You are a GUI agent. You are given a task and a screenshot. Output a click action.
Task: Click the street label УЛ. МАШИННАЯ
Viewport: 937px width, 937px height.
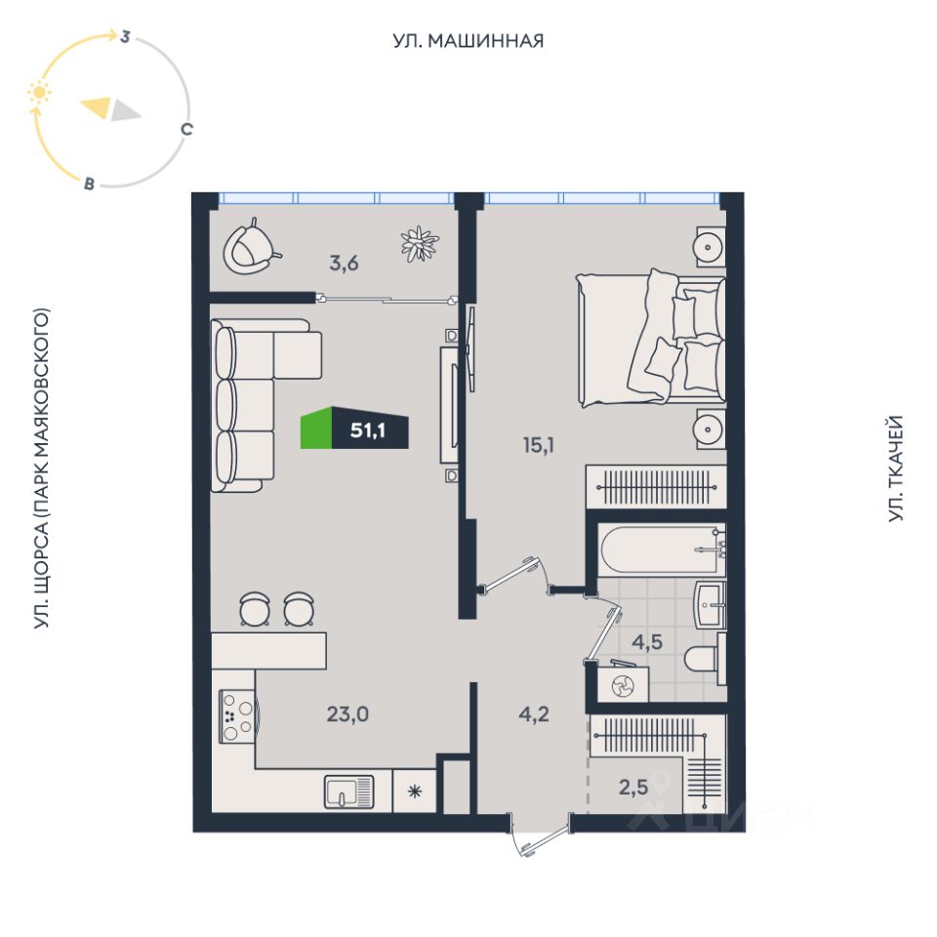coord(468,41)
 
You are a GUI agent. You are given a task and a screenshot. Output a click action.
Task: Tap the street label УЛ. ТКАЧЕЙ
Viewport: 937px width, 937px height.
coord(896,468)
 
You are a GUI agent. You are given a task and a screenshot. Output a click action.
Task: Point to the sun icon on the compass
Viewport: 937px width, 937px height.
coord(39,94)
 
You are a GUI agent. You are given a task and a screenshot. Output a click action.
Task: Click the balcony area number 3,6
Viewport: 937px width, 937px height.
coord(342,262)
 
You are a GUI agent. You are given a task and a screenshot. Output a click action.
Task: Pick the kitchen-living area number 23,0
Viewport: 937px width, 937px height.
coord(347,713)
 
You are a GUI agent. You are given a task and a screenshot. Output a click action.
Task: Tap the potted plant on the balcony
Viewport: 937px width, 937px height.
coord(419,243)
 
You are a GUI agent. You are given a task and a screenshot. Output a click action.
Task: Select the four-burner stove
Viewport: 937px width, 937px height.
coord(238,716)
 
